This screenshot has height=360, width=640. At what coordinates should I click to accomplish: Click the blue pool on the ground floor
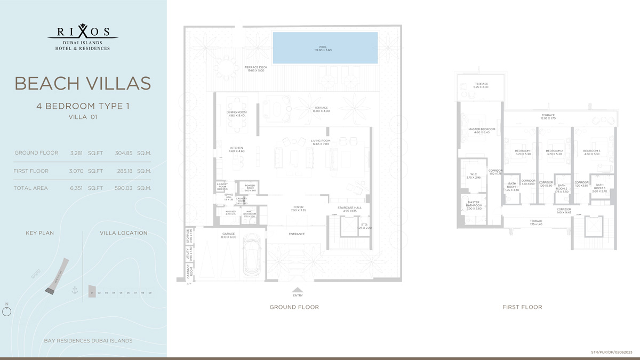coord(325,48)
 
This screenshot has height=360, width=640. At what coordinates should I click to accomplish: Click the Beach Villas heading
coord(83,83)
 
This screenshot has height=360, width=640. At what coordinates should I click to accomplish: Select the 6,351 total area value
coord(78,188)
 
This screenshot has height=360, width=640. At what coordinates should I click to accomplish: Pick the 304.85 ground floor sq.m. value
coord(124,153)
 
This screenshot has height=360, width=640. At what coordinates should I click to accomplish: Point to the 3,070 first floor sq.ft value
coord(78,171)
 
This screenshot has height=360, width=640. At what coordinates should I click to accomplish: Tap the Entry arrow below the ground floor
coord(298,290)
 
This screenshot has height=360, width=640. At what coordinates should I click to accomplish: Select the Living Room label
coord(321,142)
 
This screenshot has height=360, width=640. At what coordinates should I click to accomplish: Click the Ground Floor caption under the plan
coord(294,307)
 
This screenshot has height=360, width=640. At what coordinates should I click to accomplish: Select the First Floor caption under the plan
coord(522,307)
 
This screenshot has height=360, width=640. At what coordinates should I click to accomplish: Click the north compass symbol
coord(7,311)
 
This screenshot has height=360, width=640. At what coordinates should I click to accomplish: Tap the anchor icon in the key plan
coord(75,290)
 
